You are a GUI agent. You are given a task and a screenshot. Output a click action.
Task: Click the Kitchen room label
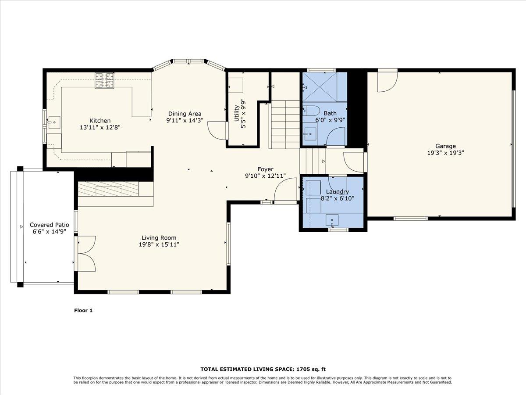(100, 121)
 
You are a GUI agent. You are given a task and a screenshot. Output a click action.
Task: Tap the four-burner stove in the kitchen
(104, 80)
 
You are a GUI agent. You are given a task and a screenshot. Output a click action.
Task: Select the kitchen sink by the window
(54, 122)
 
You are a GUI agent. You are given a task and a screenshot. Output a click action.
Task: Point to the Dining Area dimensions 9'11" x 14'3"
(185, 120)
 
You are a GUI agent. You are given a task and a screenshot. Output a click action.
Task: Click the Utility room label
(237, 113)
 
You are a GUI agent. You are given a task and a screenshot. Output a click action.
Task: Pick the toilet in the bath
(311, 111)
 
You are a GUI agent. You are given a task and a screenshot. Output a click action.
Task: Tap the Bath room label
(330, 113)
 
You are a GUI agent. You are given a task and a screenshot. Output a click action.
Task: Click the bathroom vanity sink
(310, 134)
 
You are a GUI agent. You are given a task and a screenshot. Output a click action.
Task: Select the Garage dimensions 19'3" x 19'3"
(445, 153)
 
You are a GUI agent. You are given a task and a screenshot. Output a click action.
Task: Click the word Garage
(445, 146)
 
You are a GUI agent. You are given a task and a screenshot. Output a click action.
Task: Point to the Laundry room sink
(332, 220)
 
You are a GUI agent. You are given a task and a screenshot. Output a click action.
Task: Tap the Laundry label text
(338, 192)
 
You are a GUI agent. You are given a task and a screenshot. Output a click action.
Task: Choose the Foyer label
(265, 169)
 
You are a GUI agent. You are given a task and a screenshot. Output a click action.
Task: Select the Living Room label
(159, 238)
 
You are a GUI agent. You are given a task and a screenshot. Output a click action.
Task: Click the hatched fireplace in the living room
(109, 189)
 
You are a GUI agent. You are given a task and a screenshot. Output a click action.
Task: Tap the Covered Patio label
(50, 225)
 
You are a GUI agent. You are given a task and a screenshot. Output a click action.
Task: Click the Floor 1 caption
(83, 310)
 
